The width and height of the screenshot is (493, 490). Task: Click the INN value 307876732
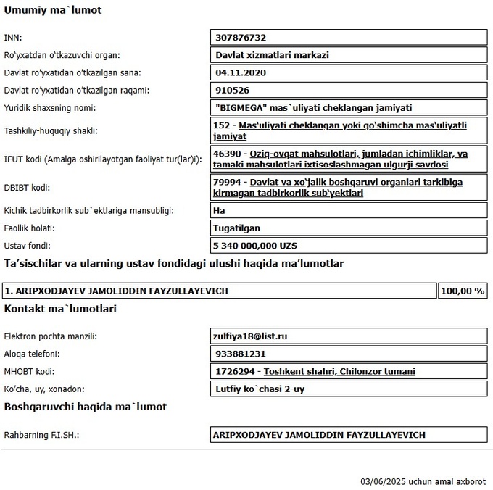[241, 38]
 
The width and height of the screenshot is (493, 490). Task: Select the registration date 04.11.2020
[241, 72]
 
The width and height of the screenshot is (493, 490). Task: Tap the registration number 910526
[233, 91]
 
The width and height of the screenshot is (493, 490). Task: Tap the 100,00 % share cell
[463, 291]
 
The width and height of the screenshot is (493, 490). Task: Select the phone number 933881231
[240, 354]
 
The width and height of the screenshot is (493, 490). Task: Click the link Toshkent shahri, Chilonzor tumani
[339, 371]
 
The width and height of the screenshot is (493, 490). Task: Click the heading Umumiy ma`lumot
[53, 11]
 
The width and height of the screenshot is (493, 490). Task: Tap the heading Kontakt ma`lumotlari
[60, 309]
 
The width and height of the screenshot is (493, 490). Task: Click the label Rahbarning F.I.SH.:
[41, 435]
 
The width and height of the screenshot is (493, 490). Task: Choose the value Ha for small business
[220, 211]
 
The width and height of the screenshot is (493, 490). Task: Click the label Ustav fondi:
[28, 246]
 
